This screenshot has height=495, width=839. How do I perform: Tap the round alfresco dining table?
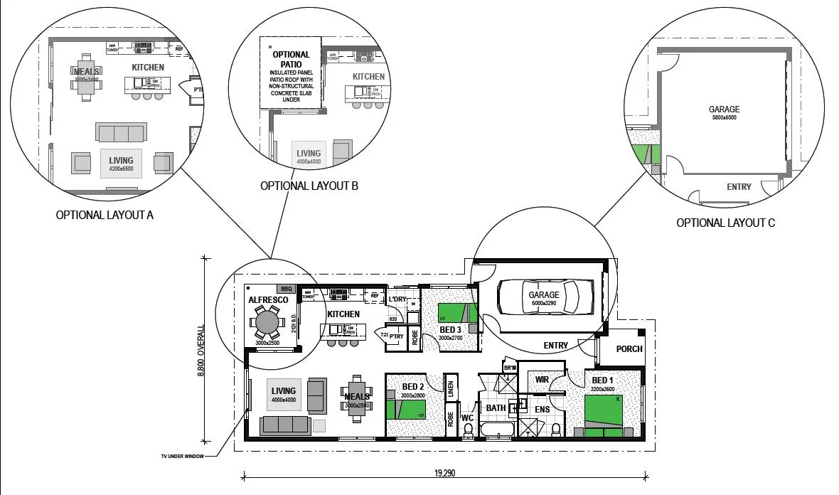268,322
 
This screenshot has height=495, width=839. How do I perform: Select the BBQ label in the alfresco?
287,289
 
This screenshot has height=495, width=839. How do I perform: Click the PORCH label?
629,348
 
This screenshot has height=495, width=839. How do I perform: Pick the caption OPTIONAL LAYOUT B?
309,186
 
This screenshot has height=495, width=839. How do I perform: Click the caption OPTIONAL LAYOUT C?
725,223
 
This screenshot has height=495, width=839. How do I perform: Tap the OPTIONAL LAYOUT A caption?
105,215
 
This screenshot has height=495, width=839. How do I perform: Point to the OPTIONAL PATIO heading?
291,59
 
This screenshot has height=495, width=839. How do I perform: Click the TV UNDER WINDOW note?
181,457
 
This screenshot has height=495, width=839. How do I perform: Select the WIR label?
542,380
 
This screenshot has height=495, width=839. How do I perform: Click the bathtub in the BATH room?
497,429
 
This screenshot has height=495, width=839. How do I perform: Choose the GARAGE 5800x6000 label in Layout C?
723,112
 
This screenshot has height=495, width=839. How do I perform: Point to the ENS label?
542,410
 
